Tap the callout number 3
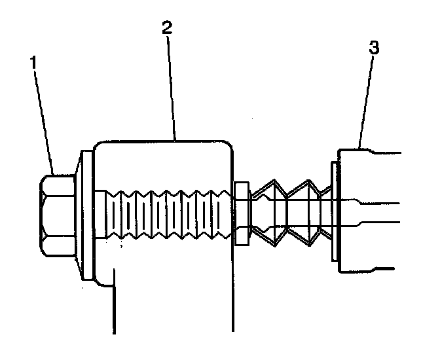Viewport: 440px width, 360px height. coord(374,48)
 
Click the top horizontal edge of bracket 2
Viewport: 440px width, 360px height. coord(164,139)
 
